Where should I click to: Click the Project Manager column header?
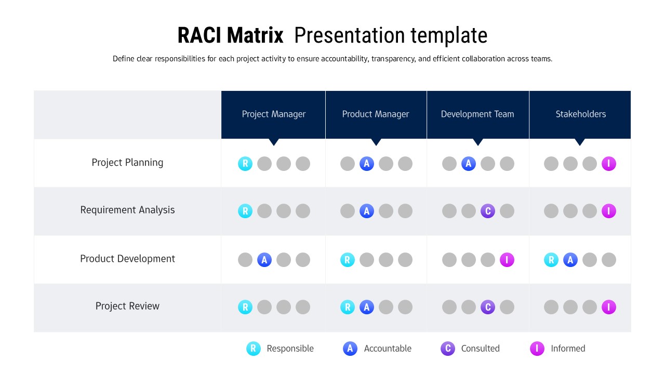pyautogui.click(x=273, y=114)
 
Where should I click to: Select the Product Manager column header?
pyautogui.click(x=376, y=114)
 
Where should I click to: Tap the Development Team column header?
pyautogui.click(x=477, y=114)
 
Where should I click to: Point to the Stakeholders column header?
pyautogui.click(x=580, y=114)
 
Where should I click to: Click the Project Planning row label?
pyautogui.click(x=127, y=163)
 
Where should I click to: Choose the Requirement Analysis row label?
pyautogui.click(x=127, y=210)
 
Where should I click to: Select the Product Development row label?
pyautogui.click(x=127, y=259)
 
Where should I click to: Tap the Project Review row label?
pyautogui.click(x=127, y=306)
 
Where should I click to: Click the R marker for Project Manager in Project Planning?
pyautogui.click(x=245, y=164)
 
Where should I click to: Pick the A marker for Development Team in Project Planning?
pyautogui.click(x=469, y=164)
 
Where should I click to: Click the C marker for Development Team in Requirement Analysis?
pyautogui.click(x=488, y=211)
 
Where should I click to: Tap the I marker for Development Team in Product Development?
pyautogui.click(x=507, y=260)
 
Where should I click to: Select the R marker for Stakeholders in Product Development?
pyautogui.click(x=551, y=260)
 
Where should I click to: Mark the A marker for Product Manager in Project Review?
pyautogui.click(x=367, y=308)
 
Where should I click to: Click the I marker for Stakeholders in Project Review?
pyautogui.click(x=609, y=308)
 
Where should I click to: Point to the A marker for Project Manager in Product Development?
pyautogui.click(x=264, y=260)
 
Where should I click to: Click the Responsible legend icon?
pyautogui.click(x=253, y=349)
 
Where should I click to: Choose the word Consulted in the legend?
pyautogui.click(x=480, y=349)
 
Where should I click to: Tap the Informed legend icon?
pyautogui.click(x=537, y=349)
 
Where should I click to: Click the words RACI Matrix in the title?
pyautogui.click(x=230, y=36)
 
